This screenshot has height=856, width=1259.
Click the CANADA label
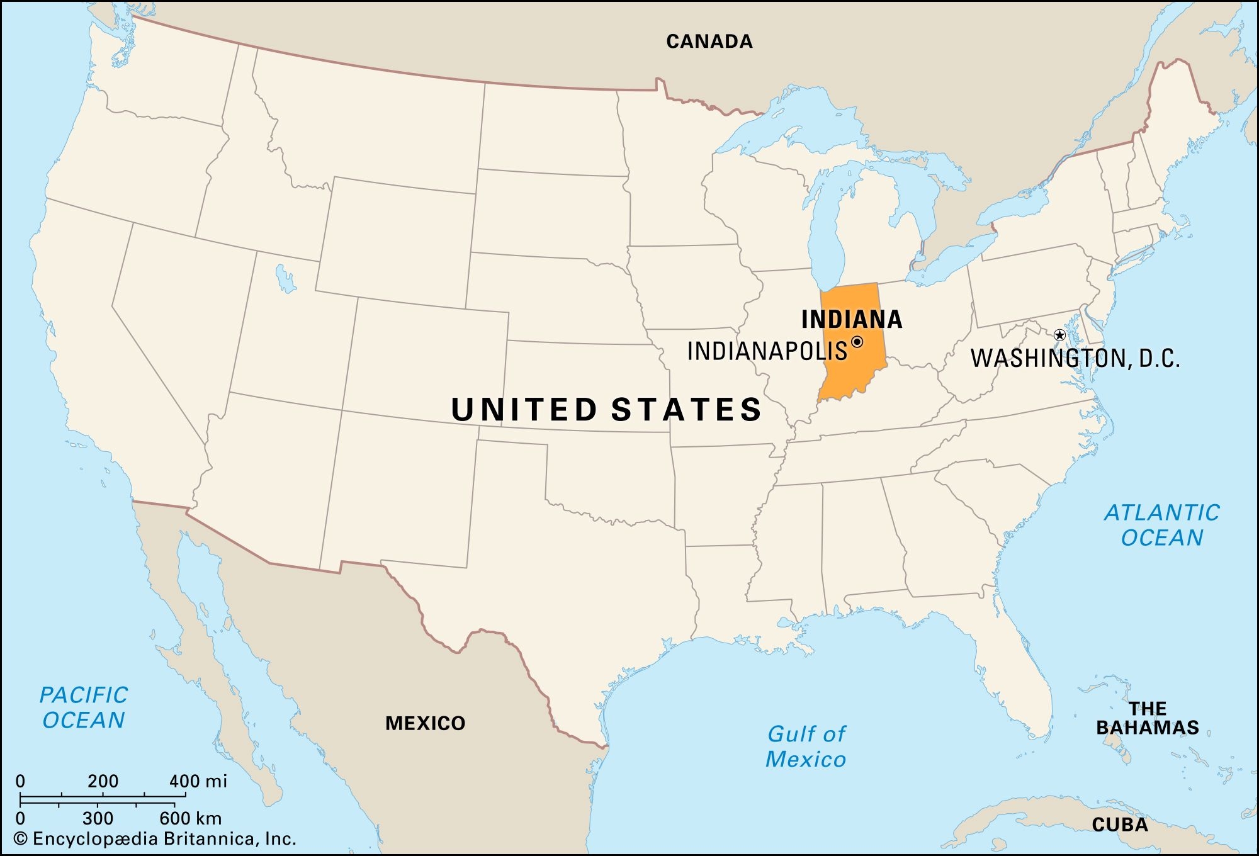pyautogui.click(x=709, y=42)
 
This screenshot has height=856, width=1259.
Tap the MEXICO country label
pyautogui.click(x=425, y=723)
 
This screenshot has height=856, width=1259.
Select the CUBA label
pyautogui.click(x=1120, y=825)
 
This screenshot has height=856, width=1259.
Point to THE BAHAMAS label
pyautogui.click(x=1147, y=718)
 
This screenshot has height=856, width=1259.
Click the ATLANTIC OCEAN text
pyautogui.click(x=1162, y=525)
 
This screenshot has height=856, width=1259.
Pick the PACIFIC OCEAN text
pyautogui.click(x=84, y=707)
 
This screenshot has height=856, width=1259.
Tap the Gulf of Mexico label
pyautogui.click(x=806, y=746)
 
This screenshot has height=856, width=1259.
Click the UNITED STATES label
pyautogui.click(x=607, y=409)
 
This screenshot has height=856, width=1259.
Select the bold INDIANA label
pyautogui.click(x=852, y=320)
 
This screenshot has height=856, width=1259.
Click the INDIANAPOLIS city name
pyautogui.click(x=767, y=351)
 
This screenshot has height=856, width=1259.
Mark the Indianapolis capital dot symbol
pyautogui.click(x=857, y=342)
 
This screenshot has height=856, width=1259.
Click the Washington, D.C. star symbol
pyautogui.click(x=1059, y=335)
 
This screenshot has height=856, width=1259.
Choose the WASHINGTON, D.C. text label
pyautogui.click(x=1075, y=358)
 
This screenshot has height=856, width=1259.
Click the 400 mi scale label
pyautogui.click(x=198, y=781)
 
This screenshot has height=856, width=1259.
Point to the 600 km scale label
pyautogui.click(x=190, y=818)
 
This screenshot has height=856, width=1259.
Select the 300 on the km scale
pyautogui.click(x=98, y=818)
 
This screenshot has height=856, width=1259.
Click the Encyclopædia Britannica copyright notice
pyautogui.click(x=155, y=839)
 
